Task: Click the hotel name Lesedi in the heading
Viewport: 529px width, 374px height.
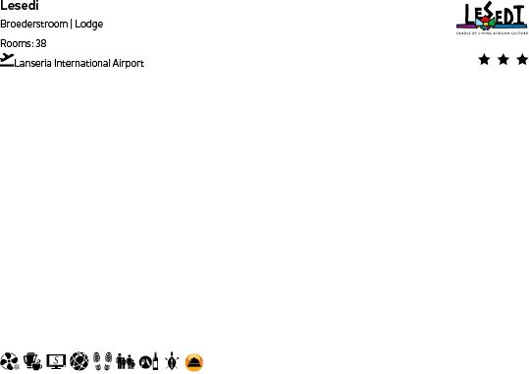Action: tap(19, 5)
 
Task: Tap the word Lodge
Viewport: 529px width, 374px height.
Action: tap(89, 24)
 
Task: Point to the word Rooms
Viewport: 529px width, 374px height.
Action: tap(16, 43)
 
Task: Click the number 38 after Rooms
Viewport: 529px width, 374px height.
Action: tap(41, 43)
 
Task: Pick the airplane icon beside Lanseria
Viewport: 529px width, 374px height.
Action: tap(8, 59)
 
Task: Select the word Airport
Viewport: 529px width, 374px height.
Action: tap(127, 63)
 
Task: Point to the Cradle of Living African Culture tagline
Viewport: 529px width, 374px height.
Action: tap(492, 32)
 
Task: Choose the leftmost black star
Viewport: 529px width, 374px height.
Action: tap(484, 60)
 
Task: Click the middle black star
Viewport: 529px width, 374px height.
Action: tap(503, 60)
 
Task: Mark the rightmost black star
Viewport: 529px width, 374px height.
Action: tap(521, 60)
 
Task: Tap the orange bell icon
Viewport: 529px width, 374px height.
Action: tap(194, 362)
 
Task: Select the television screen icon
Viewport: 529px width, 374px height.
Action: tap(56, 362)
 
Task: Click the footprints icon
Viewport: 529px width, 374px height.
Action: tap(103, 362)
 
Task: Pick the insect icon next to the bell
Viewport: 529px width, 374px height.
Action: tap(172, 362)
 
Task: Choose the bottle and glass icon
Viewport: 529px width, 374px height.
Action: tap(149, 362)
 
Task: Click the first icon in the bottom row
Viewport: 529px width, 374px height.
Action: tap(10, 362)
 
